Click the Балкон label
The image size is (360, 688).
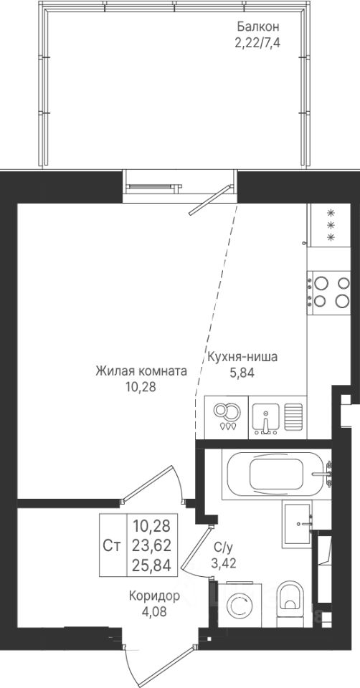(x=258, y=27)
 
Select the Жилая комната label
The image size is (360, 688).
(x=141, y=372)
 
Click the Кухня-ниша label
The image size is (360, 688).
(x=242, y=357)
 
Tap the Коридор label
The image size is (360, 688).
(x=155, y=596)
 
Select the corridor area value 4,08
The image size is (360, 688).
(x=155, y=611)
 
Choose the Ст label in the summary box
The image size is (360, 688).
(x=113, y=545)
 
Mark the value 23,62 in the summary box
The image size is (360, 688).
(x=151, y=545)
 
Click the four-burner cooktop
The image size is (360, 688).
(x=329, y=292)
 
